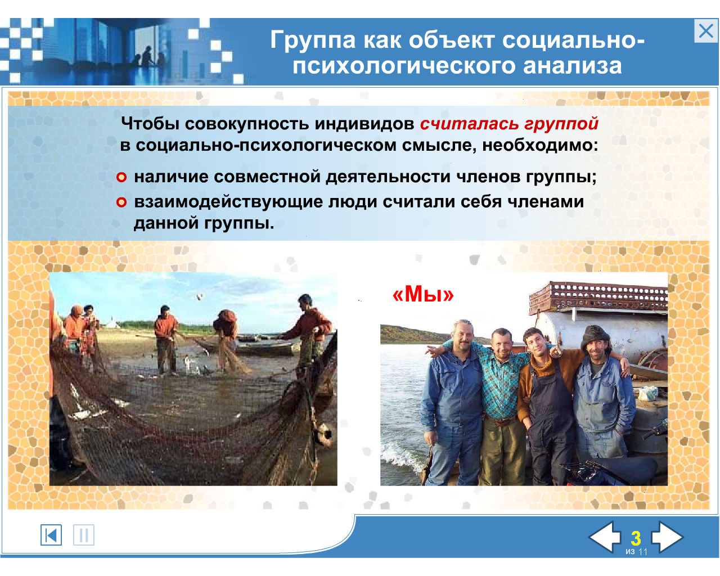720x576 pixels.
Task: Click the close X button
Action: coord(705,31)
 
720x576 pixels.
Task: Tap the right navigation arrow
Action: coord(667,537)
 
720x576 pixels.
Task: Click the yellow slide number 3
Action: coord(636,538)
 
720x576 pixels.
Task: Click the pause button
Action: coord(84,535)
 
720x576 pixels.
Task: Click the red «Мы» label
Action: coord(423,295)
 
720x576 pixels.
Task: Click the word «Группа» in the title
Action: coord(313,40)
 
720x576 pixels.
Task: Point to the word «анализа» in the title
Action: coord(573,66)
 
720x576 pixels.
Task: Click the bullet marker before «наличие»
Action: coord(121,177)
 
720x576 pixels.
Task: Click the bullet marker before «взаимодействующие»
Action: coord(121,202)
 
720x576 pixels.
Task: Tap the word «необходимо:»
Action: coord(540,146)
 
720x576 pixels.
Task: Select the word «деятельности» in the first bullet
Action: coord(388,177)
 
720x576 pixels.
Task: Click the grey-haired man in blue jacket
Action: coord(452,402)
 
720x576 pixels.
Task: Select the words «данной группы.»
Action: coord(204,223)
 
